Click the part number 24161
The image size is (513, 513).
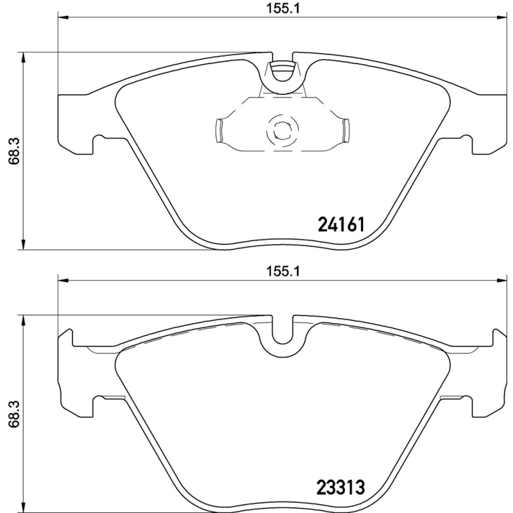pyautogui.click(x=341, y=225)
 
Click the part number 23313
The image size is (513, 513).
pyautogui.click(x=341, y=487)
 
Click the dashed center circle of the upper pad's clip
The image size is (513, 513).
pyautogui.click(x=281, y=130)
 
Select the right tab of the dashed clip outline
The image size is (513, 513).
pyautogui.click(x=344, y=130)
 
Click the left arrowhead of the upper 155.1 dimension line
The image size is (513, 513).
pyautogui.click(x=62, y=18)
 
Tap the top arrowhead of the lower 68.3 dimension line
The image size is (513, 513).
pyautogui.click(x=24, y=319)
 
